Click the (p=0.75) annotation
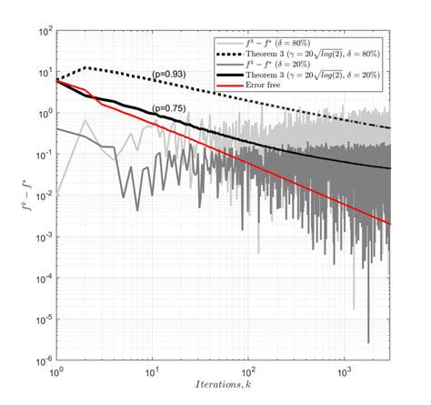click(x=171, y=109)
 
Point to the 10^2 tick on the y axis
click(x=44, y=32)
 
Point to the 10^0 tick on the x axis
click(x=58, y=372)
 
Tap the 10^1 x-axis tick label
click(x=154, y=372)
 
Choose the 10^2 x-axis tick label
click(x=248, y=372)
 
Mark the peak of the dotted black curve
click(x=85, y=68)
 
